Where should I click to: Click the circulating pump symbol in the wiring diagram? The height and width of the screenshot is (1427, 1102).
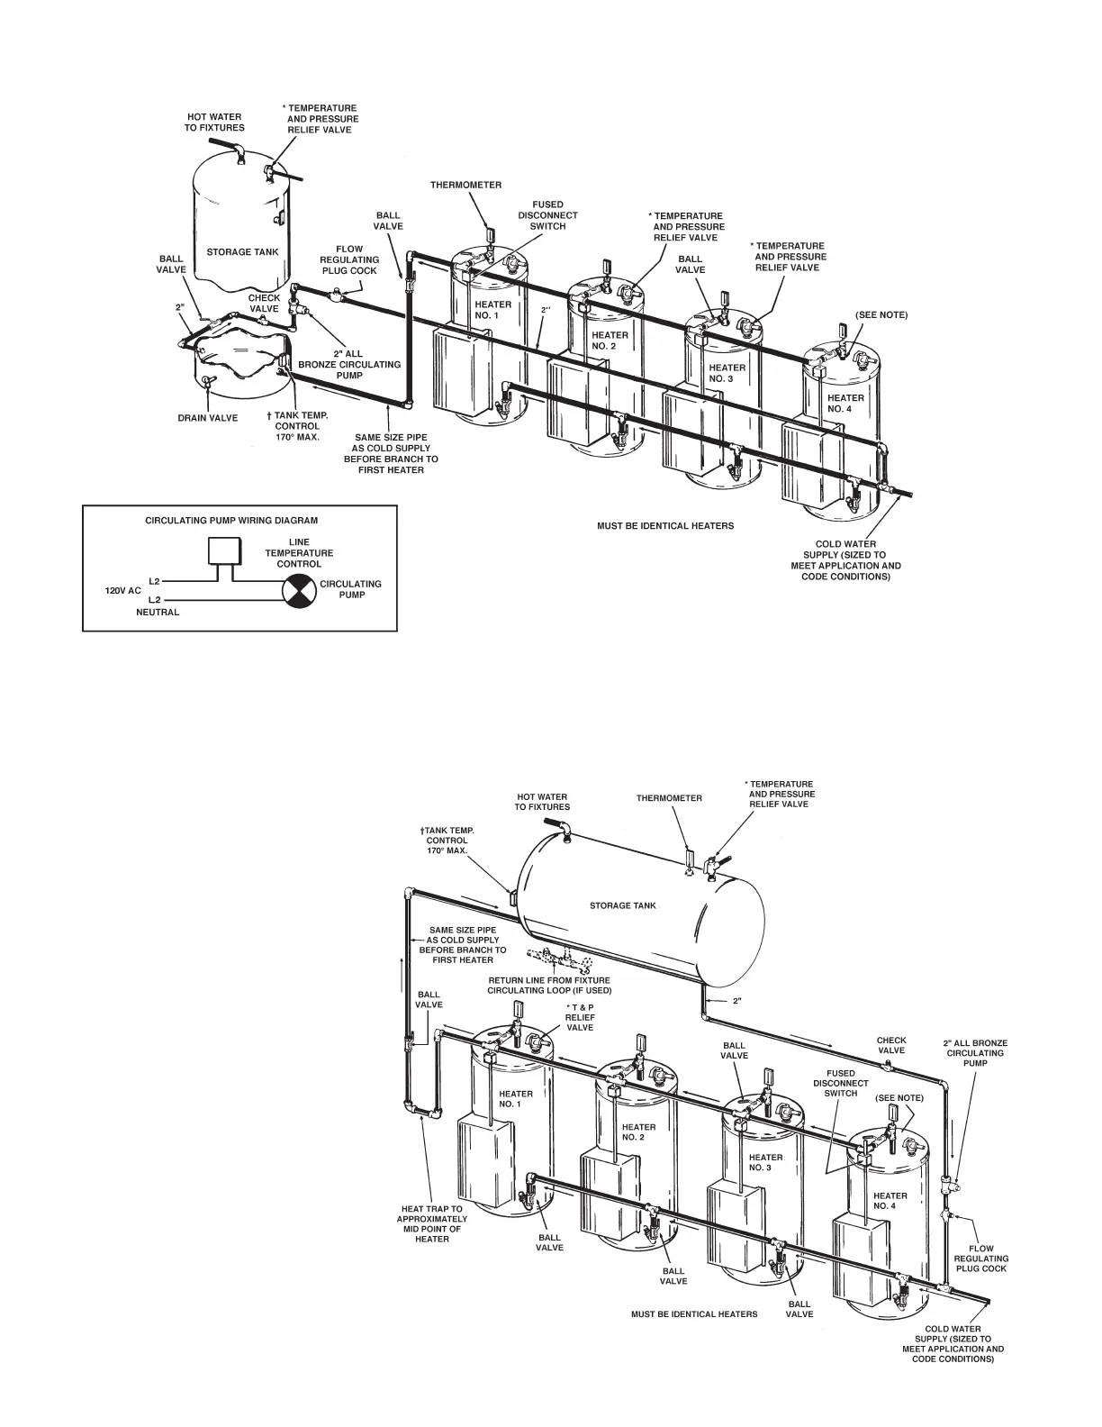[298, 590]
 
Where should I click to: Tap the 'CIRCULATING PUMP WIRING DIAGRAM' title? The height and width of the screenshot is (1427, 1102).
[232, 521]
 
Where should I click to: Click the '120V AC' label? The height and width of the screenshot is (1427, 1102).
[124, 591]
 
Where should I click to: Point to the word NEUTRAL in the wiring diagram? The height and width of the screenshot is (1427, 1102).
[158, 613]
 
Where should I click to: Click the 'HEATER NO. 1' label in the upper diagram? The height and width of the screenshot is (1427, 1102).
[492, 310]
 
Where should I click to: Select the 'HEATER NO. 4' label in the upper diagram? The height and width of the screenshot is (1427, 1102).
[845, 403]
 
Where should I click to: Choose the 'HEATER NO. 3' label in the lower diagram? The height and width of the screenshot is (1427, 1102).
[765, 1162]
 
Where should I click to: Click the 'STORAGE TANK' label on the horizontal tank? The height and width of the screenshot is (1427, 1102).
[623, 905]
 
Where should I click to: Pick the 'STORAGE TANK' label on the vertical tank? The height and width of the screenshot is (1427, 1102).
[242, 252]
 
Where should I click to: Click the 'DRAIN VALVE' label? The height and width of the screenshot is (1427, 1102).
[207, 418]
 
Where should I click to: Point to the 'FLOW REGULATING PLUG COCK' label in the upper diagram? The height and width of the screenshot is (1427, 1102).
[349, 259]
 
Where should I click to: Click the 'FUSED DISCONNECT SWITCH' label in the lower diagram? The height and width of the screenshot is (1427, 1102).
[841, 1083]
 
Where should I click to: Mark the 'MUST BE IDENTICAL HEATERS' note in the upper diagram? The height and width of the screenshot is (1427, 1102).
[665, 526]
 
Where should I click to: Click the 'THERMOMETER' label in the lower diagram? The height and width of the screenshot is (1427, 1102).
[669, 798]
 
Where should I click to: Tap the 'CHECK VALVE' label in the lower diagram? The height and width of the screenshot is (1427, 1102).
[891, 1045]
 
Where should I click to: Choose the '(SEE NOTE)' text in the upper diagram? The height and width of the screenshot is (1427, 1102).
[881, 315]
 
